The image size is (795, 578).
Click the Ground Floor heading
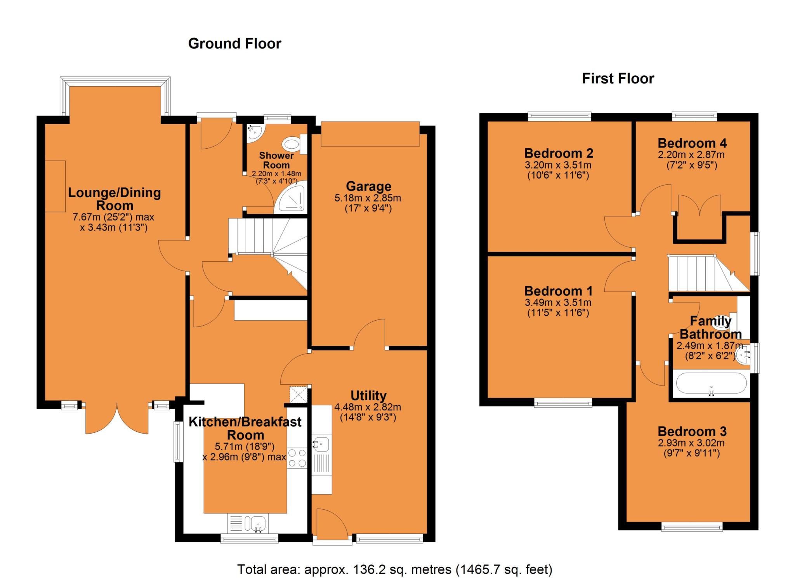click(x=234, y=44)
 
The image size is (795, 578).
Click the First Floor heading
click(x=618, y=79)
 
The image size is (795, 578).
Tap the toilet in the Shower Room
click(x=293, y=145)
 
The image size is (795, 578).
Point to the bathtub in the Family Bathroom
click(x=711, y=384)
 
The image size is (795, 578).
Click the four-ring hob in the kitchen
click(x=297, y=458)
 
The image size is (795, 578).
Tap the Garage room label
click(x=368, y=186)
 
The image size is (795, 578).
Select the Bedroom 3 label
click(x=692, y=431)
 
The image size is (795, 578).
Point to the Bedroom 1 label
click(x=558, y=291)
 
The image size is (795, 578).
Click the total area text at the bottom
click(x=394, y=569)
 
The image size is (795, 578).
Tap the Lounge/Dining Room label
click(x=114, y=199)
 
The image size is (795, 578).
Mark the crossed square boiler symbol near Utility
click(x=298, y=394)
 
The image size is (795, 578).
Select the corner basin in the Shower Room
click(x=254, y=132)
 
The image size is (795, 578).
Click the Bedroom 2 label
click(x=558, y=153)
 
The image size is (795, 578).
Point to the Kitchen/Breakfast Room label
click(x=245, y=428)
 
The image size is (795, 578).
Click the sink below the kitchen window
click(x=257, y=524)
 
